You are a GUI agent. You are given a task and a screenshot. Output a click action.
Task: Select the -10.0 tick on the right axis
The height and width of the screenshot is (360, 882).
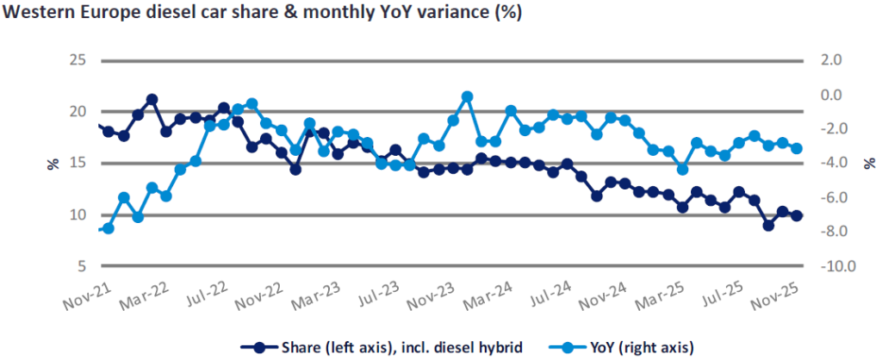tap(835, 266)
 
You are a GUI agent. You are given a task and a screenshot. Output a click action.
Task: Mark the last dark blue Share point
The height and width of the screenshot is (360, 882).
tap(797, 216)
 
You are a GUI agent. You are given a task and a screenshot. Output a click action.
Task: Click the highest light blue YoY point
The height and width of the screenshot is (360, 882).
tap(467, 96)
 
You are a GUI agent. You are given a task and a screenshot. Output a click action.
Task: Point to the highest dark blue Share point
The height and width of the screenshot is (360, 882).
tap(152, 99)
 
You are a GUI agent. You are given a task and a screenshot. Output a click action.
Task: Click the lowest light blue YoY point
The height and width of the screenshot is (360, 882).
tap(109, 228)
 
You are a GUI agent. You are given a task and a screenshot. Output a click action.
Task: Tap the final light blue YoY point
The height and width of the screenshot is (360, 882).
tap(797, 148)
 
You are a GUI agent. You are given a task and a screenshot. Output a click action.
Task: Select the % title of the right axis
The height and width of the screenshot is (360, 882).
tap(872, 163)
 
